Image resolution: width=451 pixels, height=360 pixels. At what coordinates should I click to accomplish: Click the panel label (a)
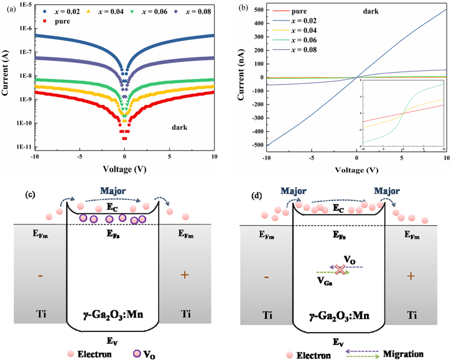tap(8, 7)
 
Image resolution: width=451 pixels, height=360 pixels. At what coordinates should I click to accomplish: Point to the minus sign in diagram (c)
tap(42, 275)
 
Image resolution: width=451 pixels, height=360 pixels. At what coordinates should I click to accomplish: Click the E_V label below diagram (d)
tap(337, 341)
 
